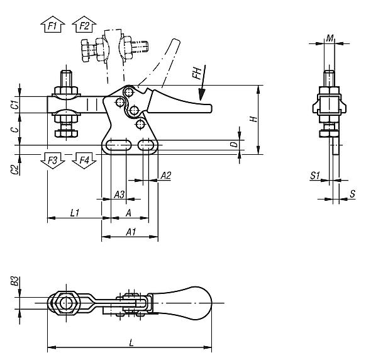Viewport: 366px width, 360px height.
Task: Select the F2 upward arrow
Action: pyautogui.click(x=84, y=26)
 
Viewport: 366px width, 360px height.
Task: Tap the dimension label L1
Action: pyautogui.click(x=74, y=213)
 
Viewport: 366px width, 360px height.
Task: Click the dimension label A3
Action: pyautogui.click(x=118, y=193)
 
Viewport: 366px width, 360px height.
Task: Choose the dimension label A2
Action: pyautogui.click(x=166, y=176)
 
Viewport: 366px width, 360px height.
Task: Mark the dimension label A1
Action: pyautogui.click(x=131, y=232)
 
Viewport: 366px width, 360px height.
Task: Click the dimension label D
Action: pyautogui.click(x=233, y=144)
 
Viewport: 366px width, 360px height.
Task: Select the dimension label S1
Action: pyautogui.click(x=316, y=176)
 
